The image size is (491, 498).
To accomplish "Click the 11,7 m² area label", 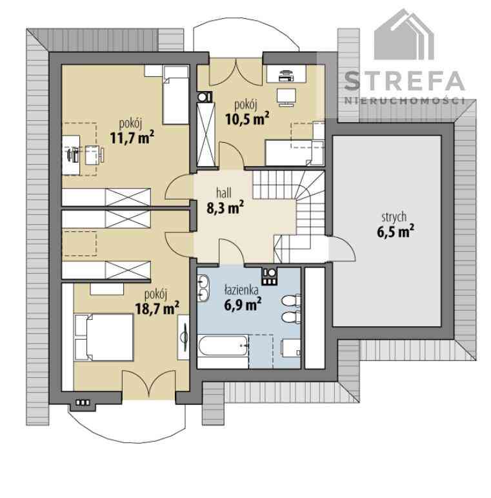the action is (132, 138).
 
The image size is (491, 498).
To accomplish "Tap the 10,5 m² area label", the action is (247, 119).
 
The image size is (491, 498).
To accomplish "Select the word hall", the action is (224, 192).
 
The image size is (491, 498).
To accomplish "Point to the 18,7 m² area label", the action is (157, 307).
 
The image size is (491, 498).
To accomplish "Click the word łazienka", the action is (241, 289).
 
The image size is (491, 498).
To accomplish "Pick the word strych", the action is (394, 217).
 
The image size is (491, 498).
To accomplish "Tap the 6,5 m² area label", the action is (396, 231).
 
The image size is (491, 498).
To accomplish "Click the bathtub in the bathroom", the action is (223, 346).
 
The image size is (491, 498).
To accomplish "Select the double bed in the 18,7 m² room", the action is (104, 337).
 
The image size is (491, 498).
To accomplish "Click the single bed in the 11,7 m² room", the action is (175, 95).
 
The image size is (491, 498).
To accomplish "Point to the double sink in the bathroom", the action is (203, 287).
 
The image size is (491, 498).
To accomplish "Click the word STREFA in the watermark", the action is (405, 81).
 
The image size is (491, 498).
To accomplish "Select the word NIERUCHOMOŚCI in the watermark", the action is (405, 101).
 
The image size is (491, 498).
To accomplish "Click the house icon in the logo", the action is (404, 34).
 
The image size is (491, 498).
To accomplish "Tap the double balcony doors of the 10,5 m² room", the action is (236, 72).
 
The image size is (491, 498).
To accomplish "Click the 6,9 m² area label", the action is (243, 304).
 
